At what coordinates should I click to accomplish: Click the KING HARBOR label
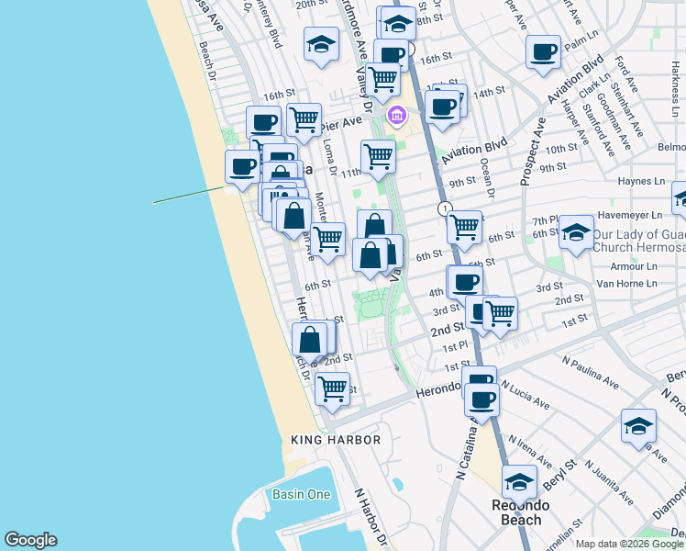point(336,441)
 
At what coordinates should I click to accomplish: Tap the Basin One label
point(301,494)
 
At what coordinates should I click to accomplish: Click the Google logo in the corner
point(30,540)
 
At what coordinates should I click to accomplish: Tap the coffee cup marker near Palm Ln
point(543,51)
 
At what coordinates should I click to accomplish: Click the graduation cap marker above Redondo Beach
point(519,480)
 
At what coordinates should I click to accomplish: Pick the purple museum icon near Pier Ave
point(397,115)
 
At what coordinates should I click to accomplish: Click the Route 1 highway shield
point(444,209)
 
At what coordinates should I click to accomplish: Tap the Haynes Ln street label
point(641,182)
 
